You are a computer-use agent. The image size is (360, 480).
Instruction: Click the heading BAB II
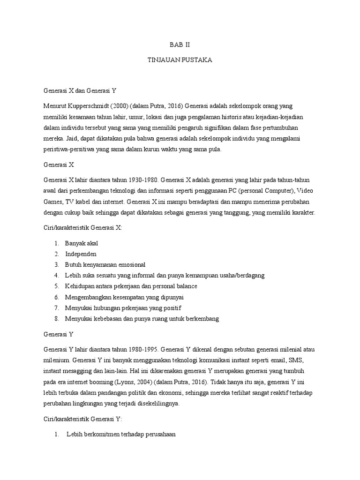(x=180, y=45)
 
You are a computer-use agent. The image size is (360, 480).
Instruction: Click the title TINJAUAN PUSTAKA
(x=180, y=61)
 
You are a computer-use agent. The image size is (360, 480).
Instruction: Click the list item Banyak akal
(x=81, y=243)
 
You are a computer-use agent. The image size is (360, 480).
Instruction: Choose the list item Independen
(x=81, y=254)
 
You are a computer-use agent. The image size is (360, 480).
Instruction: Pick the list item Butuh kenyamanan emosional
(x=105, y=264)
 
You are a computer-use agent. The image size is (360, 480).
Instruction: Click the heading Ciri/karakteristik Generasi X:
(x=83, y=228)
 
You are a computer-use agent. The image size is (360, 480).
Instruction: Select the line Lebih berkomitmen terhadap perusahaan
(x=121, y=435)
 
